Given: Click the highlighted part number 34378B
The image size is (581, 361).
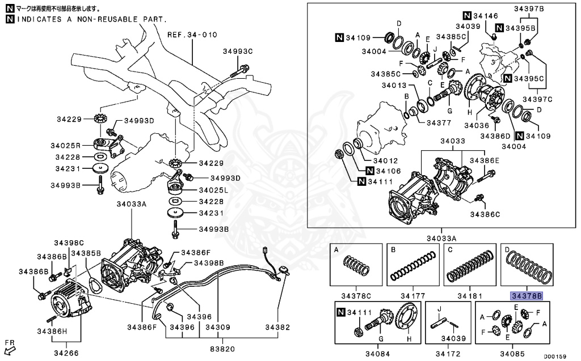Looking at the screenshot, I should (x=526, y=296).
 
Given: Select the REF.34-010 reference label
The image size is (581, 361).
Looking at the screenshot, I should (x=192, y=35).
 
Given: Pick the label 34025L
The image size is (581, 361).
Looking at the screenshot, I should (x=213, y=190).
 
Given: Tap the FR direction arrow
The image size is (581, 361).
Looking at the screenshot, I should (x=10, y=346).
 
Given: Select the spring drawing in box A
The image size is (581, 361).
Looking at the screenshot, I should (x=356, y=266).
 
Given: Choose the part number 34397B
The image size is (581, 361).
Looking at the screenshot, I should (x=529, y=9).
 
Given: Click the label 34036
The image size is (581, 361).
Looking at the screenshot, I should (x=477, y=125).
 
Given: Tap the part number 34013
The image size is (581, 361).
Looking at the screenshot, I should (x=394, y=86).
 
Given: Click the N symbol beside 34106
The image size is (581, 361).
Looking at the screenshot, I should (x=369, y=171).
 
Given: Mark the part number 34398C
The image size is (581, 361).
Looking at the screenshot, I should (x=69, y=243).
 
